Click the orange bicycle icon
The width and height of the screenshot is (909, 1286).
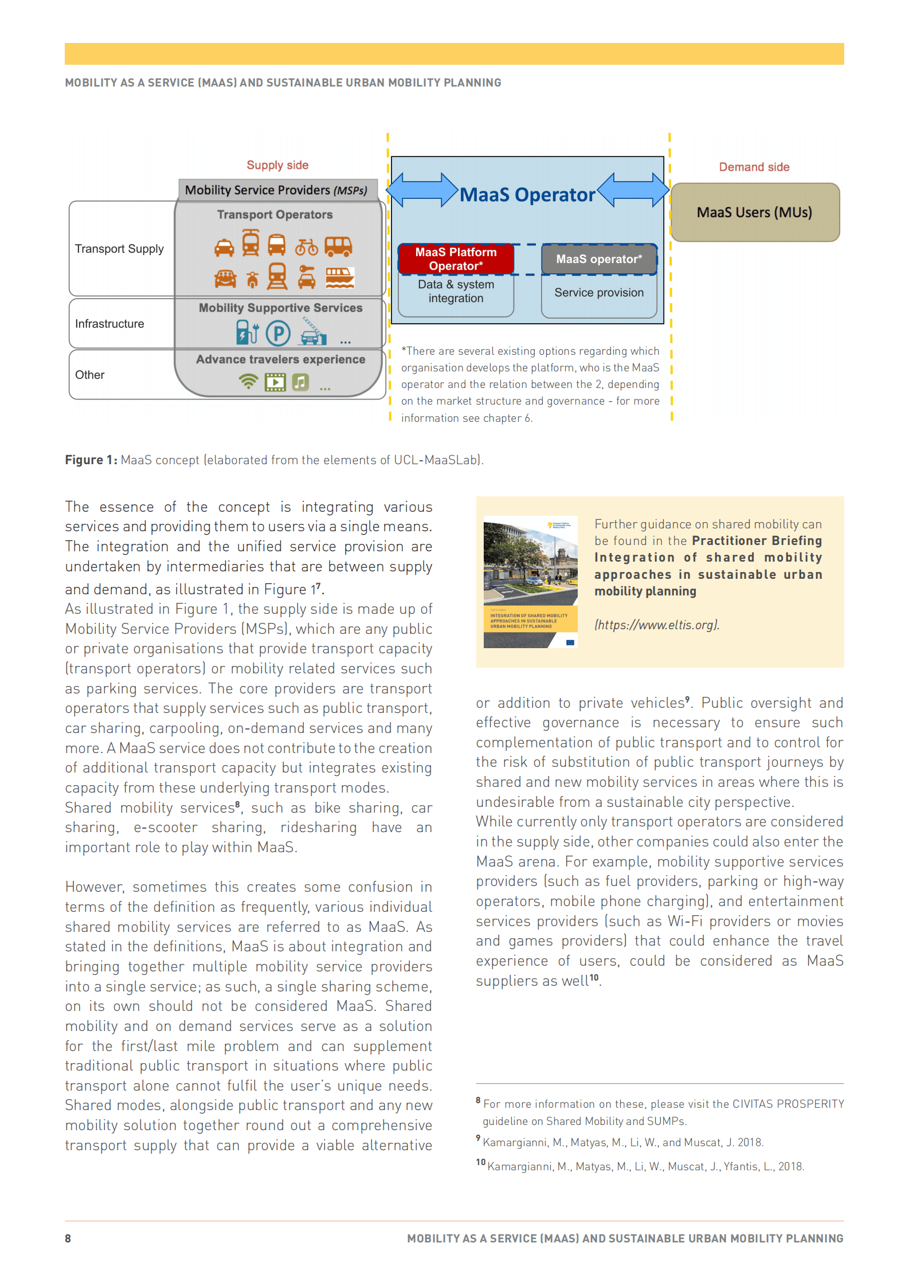[x=306, y=247]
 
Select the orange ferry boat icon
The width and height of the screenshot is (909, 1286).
[x=339, y=278]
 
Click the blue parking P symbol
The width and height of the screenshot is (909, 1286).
[x=278, y=333]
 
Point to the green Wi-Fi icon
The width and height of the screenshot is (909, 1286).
[x=248, y=382]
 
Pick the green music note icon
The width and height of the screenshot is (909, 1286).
[x=300, y=382]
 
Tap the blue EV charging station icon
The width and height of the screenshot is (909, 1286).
[x=247, y=332]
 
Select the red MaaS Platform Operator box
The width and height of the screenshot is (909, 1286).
[x=456, y=259]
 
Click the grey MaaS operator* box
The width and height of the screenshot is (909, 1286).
[x=598, y=259]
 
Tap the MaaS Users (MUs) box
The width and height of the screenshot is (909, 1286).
[x=754, y=213]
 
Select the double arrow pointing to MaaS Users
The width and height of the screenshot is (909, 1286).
[x=633, y=190]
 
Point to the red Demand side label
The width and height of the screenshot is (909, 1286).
[x=754, y=167]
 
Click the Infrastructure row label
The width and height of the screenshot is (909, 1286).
[x=109, y=324]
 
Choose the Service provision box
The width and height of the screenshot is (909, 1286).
[x=598, y=293]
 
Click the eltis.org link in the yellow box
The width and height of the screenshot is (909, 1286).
[x=656, y=625]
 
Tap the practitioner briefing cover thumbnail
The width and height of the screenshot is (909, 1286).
[x=530, y=582]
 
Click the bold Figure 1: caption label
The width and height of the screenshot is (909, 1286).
[x=91, y=460]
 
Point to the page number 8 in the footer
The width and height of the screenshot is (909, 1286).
[x=68, y=1238]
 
